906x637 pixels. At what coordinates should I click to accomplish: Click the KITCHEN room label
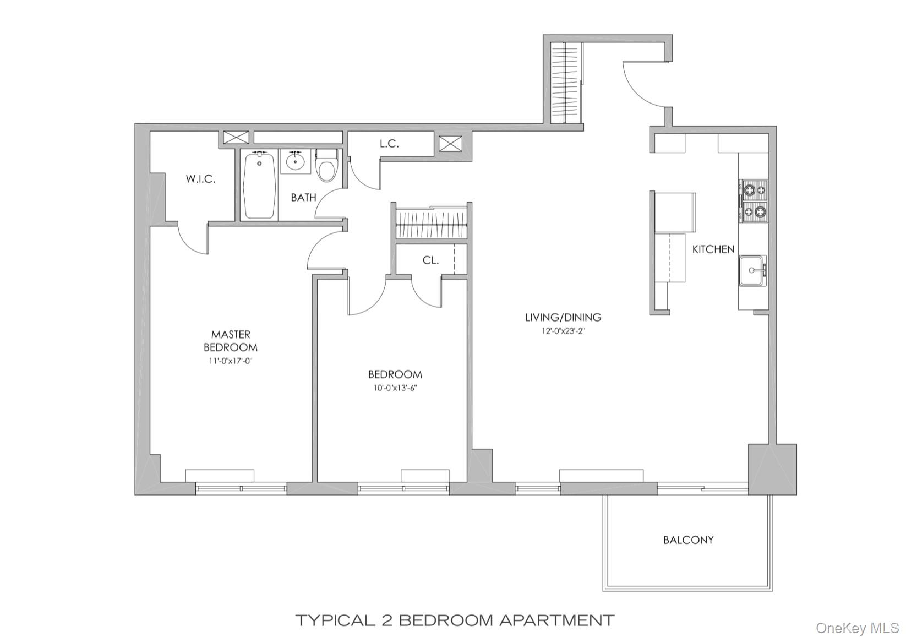pos(713,249)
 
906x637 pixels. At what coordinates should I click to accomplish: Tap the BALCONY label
pos(688,540)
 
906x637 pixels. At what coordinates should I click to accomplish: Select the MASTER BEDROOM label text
pos(231,341)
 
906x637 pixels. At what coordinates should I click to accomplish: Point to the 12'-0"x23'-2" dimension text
pos(563,331)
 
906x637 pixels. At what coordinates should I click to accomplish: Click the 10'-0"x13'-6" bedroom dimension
pos(395,388)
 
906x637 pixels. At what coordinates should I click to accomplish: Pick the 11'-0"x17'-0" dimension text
pos(231,362)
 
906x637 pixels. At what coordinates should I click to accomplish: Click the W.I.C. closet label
pos(200,179)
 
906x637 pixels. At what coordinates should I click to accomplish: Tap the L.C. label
pos(389,144)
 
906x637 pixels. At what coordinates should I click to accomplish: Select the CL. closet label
pos(430,260)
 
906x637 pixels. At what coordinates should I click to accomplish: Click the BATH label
pos(303,197)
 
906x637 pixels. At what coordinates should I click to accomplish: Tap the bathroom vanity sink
pos(296,161)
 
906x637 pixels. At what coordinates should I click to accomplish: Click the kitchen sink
pos(752,270)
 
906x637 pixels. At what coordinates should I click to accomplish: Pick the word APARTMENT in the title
pos(556,620)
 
